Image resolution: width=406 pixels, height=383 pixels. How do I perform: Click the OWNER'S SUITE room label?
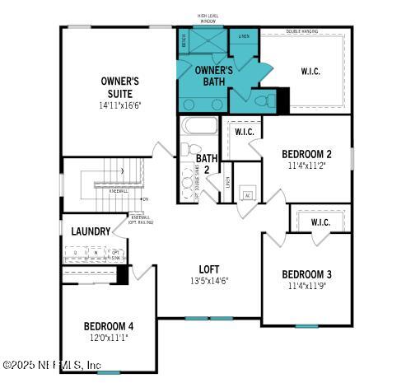pyautogui.click(x=119, y=86)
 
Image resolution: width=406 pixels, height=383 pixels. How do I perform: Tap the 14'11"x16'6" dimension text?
pyautogui.click(x=119, y=105)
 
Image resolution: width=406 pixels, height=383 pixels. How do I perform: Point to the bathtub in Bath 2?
pyautogui.click(x=198, y=128)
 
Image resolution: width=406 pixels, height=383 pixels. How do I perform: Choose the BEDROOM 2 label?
pyautogui.click(x=306, y=154)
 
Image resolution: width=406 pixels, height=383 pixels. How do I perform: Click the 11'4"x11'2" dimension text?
pyautogui.click(x=306, y=165)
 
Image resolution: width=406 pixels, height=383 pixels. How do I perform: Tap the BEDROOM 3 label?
pyautogui.click(x=306, y=274)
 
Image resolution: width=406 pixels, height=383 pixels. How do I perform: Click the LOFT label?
pyautogui.click(x=208, y=269)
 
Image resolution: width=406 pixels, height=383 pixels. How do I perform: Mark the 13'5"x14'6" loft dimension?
pyautogui.click(x=208, y=280)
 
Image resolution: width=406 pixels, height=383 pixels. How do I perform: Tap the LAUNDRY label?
pyautogui.click(x=90, y=231)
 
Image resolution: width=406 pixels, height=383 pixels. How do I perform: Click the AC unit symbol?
pyautogui.click(x=246, y=196)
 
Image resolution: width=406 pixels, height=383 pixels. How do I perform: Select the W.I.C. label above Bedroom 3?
pyautogui.click(x=320, y=222)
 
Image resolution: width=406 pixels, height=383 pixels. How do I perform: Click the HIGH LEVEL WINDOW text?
pyautogui.click(x=208, y=18)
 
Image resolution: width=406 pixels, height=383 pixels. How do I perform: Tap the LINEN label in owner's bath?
pyautogui.click(x=243, y=37)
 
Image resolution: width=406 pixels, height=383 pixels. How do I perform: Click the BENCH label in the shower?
pyautogui.click(x=184, y=39)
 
